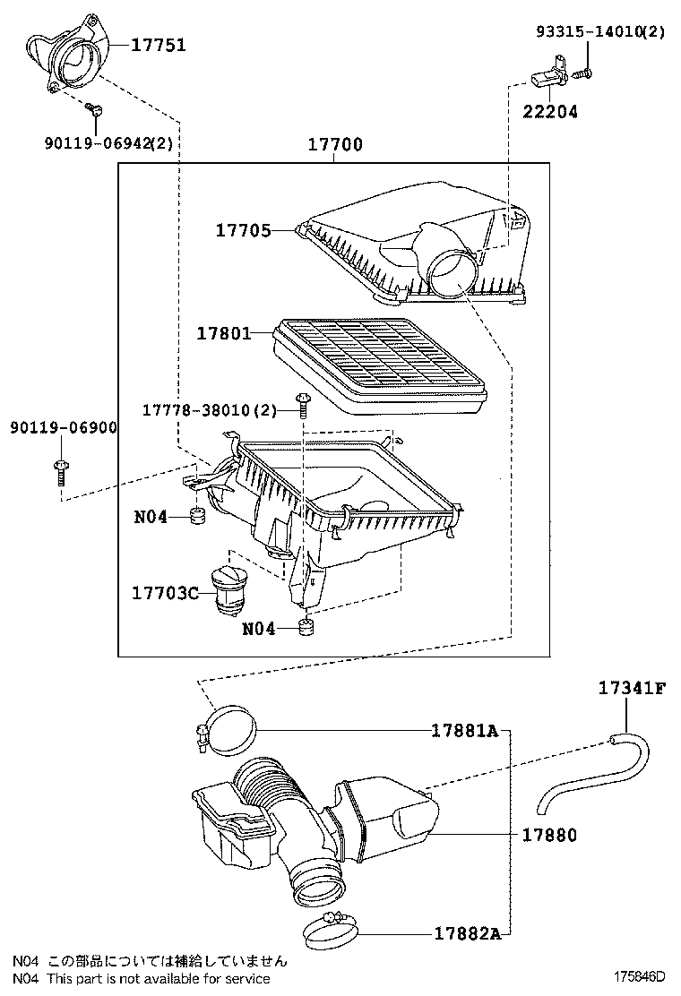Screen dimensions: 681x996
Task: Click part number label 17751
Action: click(159, 45)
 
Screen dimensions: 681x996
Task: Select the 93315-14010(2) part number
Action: click(600, 31)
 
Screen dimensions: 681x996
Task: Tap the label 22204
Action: click(550, 112)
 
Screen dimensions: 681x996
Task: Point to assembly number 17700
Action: click(335, 145)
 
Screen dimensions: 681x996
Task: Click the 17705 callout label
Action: click(244, 230)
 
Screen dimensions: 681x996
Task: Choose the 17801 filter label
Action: click(224, 333)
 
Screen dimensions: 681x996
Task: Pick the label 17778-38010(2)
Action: click(210, 410)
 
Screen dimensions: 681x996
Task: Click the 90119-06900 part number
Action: click(64, 427)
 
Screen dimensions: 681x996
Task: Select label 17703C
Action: click(165, 593)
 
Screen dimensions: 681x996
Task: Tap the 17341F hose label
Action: click(632, 687)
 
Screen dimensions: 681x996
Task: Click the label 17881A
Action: click(465, 731)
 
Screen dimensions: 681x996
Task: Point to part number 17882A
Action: click(468, 933)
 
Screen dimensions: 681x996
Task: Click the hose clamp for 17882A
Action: click(331, 928)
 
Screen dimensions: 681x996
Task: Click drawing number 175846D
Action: click(638, 976)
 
